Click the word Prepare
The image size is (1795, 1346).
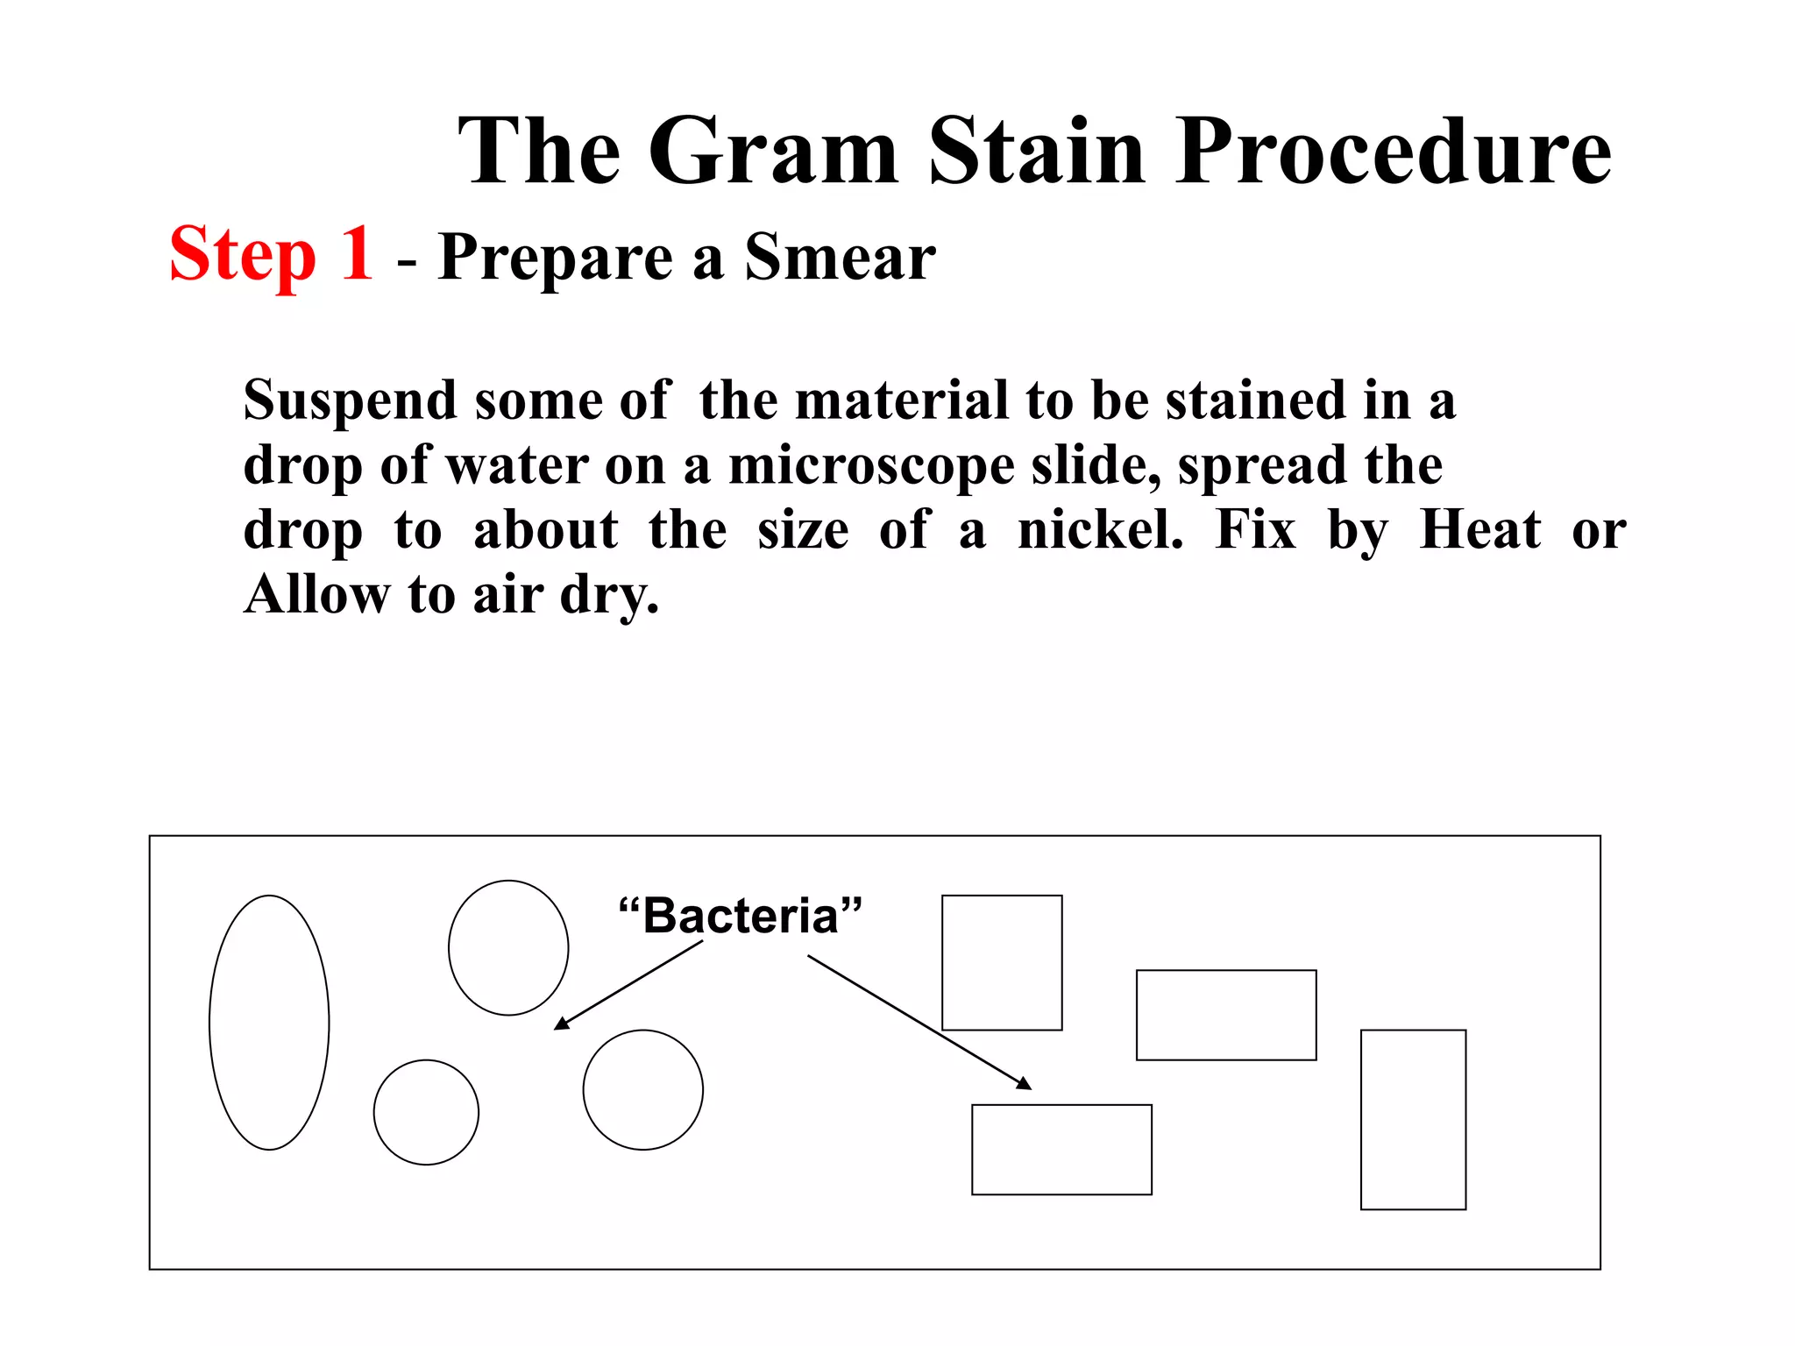(555, 258)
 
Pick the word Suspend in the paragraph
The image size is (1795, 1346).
(350, 401)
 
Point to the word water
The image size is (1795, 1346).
(517, 465)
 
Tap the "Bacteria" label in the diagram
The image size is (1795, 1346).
(741, 916)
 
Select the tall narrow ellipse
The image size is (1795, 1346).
(269, 1022)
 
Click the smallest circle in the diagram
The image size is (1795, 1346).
(426, 1112)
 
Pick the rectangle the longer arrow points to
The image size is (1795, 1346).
(1061, 1149)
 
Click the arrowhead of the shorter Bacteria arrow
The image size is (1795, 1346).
(562, 1024)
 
